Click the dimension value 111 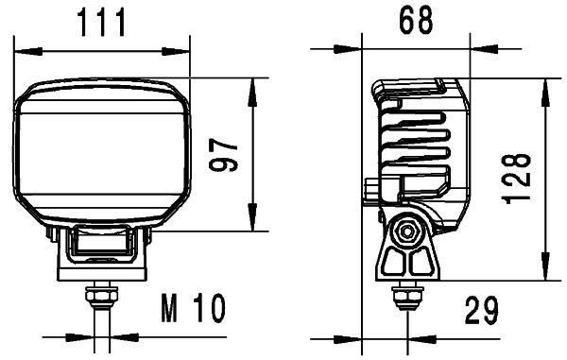pyautogui.click(x=101, y=21)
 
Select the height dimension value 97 pyautogui.click(x=225, y=153)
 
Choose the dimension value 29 pyautogui.click(x=481, y=309)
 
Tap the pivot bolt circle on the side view pyautogui.click(x=408, y=230)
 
